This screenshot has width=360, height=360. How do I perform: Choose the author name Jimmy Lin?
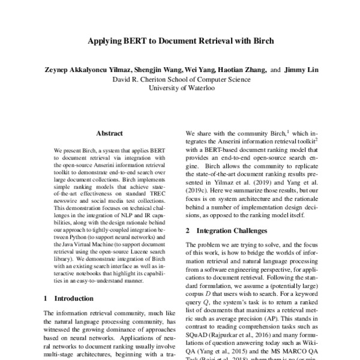[x=302, y=70]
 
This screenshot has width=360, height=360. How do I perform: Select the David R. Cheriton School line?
[x=180, y=79]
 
